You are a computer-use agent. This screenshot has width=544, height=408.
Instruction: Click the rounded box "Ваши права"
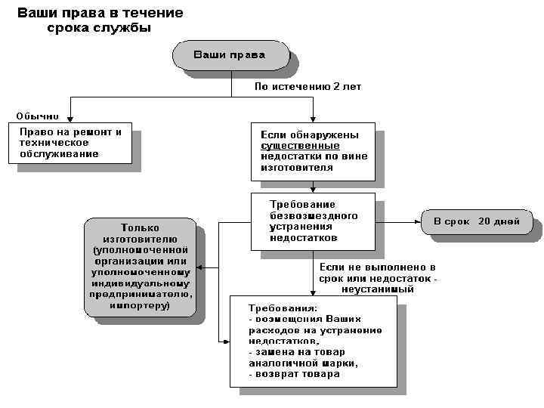coord(230,55)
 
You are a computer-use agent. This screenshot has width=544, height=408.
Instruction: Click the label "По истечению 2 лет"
coord(307,87)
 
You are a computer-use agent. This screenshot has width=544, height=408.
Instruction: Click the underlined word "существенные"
coord(300,145)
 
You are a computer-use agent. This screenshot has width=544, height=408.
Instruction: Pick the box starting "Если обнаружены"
coord(313,151)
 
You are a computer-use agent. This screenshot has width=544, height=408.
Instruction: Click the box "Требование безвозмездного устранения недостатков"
coord(313,221)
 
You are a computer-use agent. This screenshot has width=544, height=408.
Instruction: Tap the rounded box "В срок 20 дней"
coord(475,222)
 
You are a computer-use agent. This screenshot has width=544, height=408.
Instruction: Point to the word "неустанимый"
coord(377,289)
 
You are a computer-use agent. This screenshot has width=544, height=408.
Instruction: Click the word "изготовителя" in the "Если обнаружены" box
coord(297,168)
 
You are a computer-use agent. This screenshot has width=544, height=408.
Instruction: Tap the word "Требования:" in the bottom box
coord(284,308)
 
